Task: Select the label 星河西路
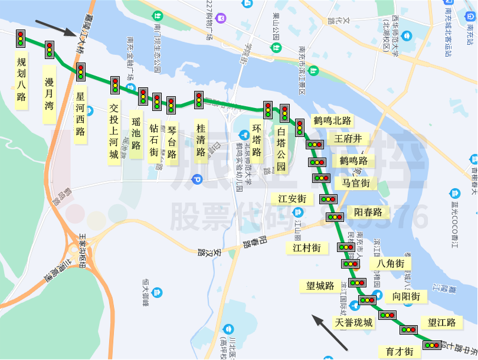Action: [81, 114]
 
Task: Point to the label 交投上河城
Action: [114, 131]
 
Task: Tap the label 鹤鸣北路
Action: [332, 121]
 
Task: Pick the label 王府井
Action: [352, 139]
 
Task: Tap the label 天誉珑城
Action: [353, 323]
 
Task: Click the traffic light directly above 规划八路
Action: [21, 38]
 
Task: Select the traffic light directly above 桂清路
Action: [199, 100]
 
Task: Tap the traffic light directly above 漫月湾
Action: [50, 50]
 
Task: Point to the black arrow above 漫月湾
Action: [55, 30]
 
